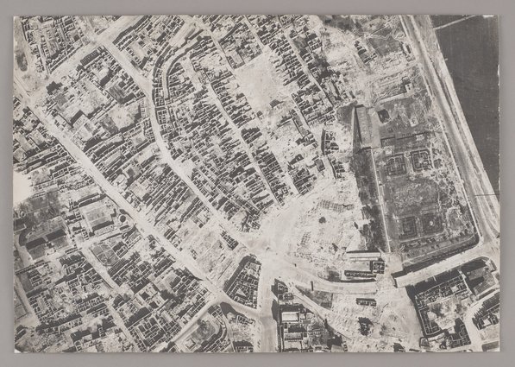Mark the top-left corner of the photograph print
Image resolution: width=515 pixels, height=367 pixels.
(13, 15)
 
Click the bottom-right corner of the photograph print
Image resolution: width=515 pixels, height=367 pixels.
(499, 351)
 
